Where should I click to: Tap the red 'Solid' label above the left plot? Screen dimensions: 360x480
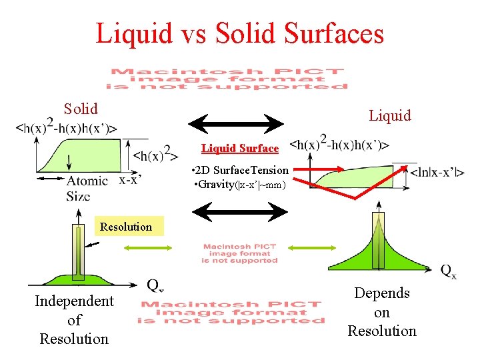tap(81, 109)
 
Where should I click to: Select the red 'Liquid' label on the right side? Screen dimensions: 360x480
tap(390, 115)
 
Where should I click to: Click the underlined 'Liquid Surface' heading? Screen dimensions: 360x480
tap(240, 148)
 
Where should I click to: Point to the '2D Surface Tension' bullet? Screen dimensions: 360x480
tap(241, 171)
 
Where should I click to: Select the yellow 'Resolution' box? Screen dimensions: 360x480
tap(126, 227)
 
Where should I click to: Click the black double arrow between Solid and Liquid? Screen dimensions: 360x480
tap(236, 123)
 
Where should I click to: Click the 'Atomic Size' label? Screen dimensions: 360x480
tap(86, 187)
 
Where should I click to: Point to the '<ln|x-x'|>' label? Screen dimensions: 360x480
tap(437, 173)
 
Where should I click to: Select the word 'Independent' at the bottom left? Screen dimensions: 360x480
tap(74, 301)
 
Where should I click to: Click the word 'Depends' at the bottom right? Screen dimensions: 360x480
tap(382, 293)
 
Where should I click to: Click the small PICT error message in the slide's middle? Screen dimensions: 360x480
tap(239, 254)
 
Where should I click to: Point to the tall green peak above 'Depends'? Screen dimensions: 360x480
tap(377, 240)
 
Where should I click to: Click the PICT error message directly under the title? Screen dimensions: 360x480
tap(227, 78)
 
